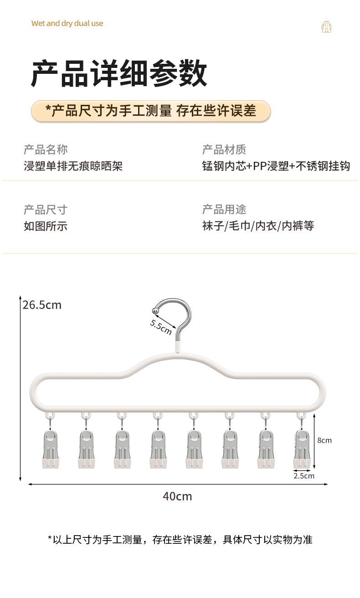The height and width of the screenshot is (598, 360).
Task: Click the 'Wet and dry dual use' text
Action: pyautogui.click(x=67, y=23)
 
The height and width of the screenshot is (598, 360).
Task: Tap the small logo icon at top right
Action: pyautogui.click(x=326, y=27)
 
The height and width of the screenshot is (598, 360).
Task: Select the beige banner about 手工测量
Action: pyautogui.click(x=150, y=111)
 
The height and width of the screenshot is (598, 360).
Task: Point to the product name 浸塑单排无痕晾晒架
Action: pyautogui.click(x=73, y=165)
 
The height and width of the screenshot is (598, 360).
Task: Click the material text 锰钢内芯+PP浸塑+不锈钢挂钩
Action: pyautogui.click(x=276, y=165)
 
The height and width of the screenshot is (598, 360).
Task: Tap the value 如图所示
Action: pyautogui.click(x=46, y=226)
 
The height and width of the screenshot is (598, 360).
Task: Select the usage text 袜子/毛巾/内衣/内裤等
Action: pyautogui.click(x=258, y=226)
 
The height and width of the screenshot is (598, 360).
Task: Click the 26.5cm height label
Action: pyautogui.click(x=42, y=305)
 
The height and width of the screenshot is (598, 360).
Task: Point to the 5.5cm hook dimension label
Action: pyautogui.click(x=161, y=326)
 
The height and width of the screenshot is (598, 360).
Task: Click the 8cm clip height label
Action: pyautogui.click(x=324, y=440)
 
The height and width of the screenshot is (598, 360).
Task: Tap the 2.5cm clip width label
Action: pyautogui.click(x=303, y=476)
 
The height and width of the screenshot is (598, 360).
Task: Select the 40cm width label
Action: pyautogui.click(x=177, y=496)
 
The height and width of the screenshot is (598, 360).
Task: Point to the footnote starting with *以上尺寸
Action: pyautogui.click(x=180, y=540)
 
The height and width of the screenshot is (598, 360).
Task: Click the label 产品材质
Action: pyautogui.click(x=224, y=149)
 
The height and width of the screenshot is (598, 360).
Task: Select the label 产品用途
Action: pyautogui.click(x=224, y=210)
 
